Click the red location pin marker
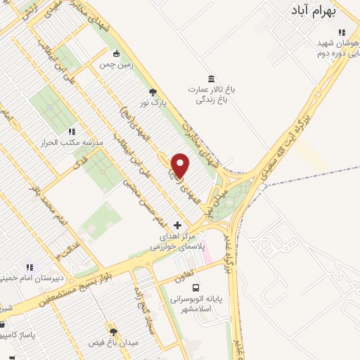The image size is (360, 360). (x=181, y=165)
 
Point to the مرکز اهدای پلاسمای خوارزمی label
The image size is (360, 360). (x=179, y=243)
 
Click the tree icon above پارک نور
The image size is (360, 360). (x=153, y=91)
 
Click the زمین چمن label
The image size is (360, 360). (x=116, y=64)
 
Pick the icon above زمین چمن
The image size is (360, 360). (x=116, y=53)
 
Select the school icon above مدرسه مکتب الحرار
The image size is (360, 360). (x=71, y=131)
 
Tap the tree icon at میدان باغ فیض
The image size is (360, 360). (x=112, y=330)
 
